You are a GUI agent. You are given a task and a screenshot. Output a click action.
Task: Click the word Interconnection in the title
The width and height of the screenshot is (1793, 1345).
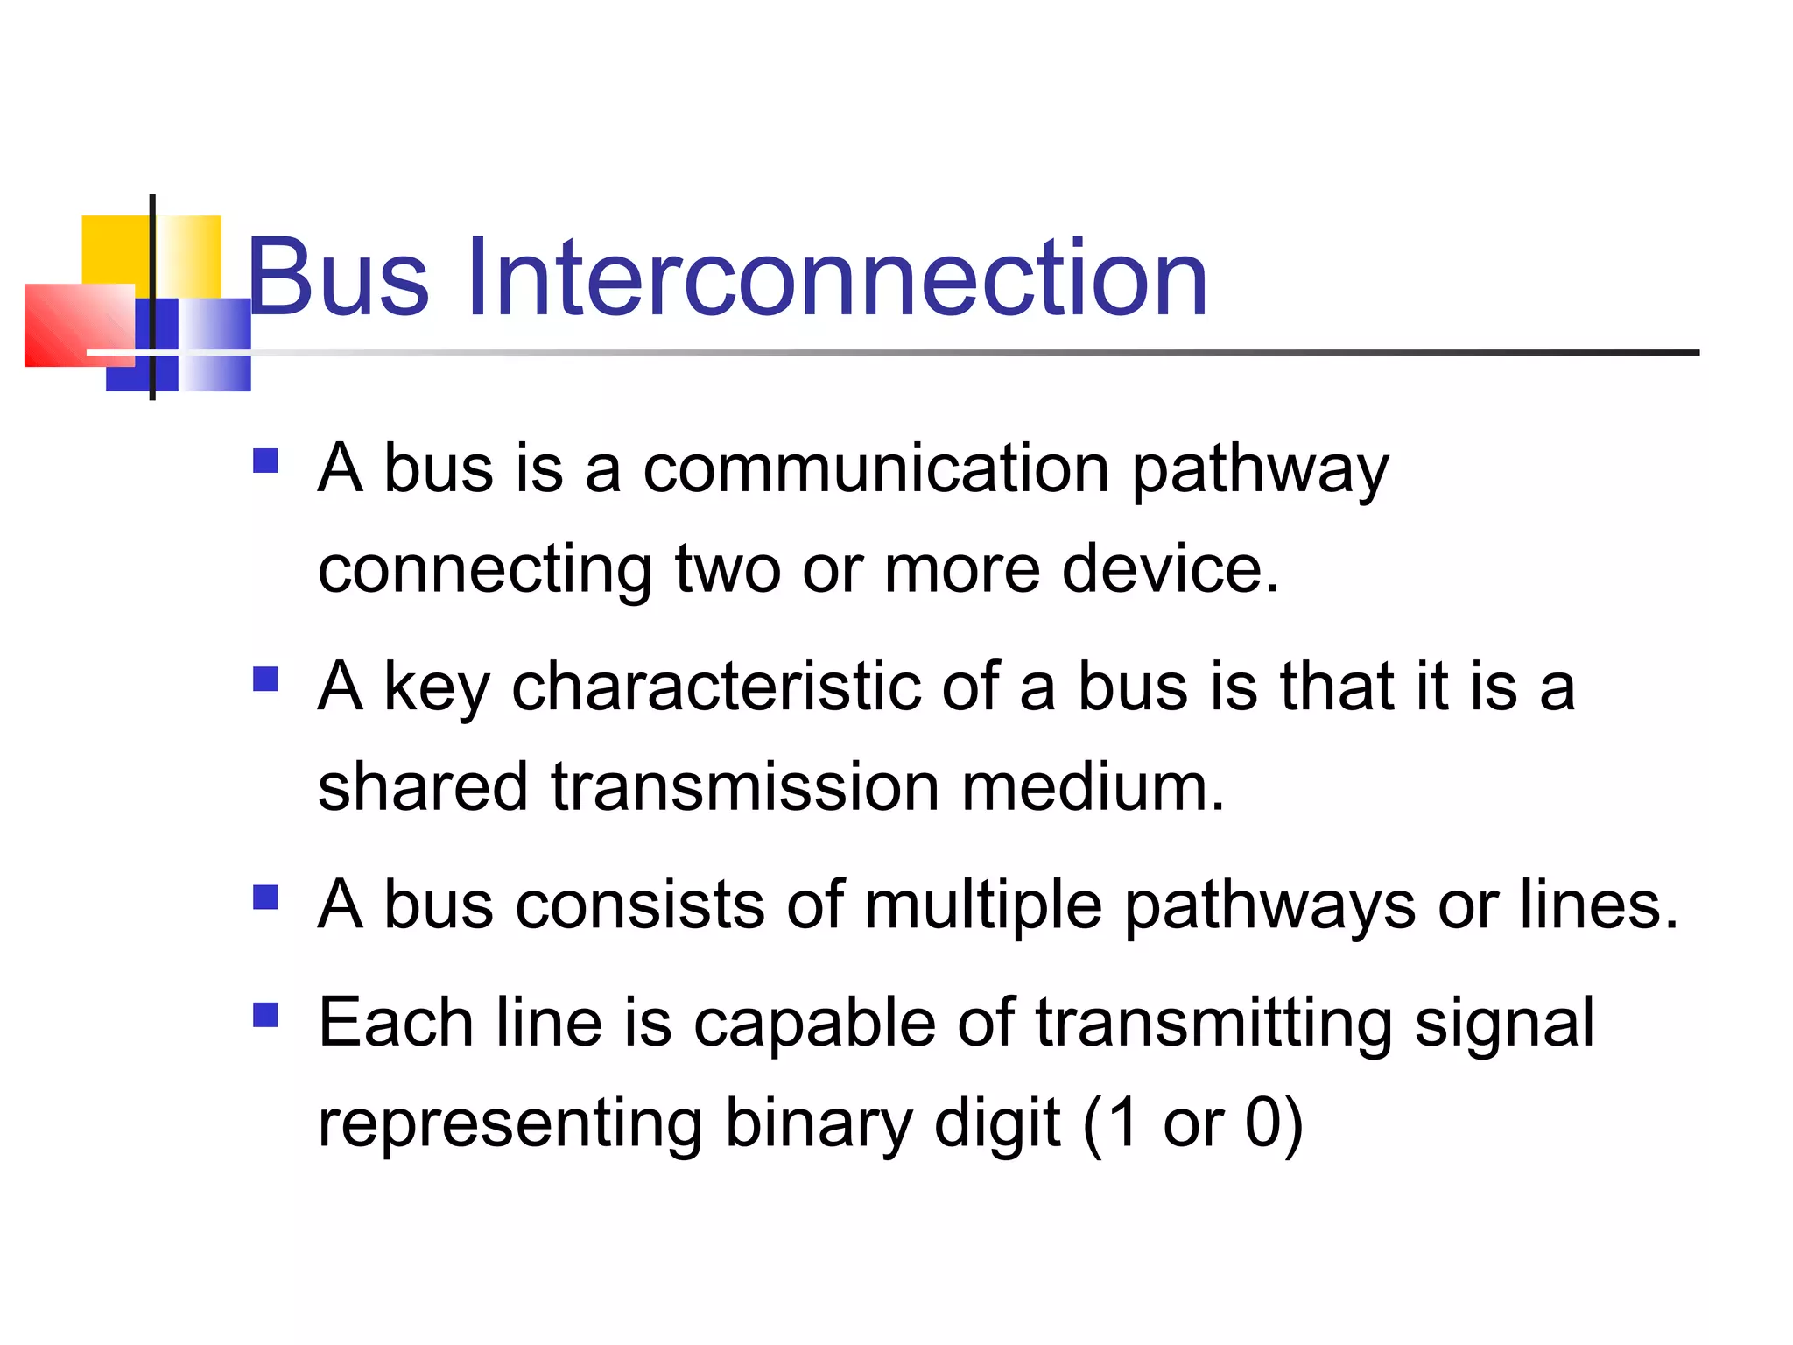click(836, 278)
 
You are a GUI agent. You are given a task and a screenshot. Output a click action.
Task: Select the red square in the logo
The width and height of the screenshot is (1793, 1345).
click(74, 324)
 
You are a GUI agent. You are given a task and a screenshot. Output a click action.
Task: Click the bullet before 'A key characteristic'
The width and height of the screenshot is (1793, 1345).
click(265, 680)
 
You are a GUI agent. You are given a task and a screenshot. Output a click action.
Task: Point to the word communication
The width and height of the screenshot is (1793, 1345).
click(876, 469)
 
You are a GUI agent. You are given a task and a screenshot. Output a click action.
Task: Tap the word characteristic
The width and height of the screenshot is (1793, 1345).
click(715, 687)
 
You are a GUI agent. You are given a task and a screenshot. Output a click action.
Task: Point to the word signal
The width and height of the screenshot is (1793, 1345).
click(1504, 1025)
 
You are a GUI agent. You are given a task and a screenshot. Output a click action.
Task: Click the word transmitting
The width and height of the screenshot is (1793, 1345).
click(1213, 1025)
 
